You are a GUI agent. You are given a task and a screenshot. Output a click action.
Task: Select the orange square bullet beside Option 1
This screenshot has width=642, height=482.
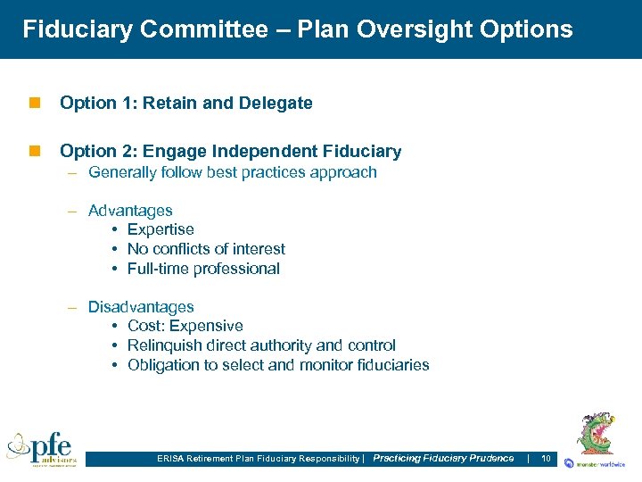click(34, 104)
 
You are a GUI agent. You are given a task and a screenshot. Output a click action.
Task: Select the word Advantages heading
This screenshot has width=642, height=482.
click(130, 211)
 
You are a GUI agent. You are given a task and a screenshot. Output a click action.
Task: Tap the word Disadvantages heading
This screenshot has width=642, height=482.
click(141, 307)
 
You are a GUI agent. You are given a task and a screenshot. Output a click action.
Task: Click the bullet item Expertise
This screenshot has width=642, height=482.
click(160, 230)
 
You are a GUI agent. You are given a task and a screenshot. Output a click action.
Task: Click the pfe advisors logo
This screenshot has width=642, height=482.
click(42, 447)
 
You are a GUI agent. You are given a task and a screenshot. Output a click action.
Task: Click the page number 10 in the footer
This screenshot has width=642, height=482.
click(546, 459)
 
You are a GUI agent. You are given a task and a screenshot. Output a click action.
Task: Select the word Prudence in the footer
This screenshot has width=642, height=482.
click(491, 459)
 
